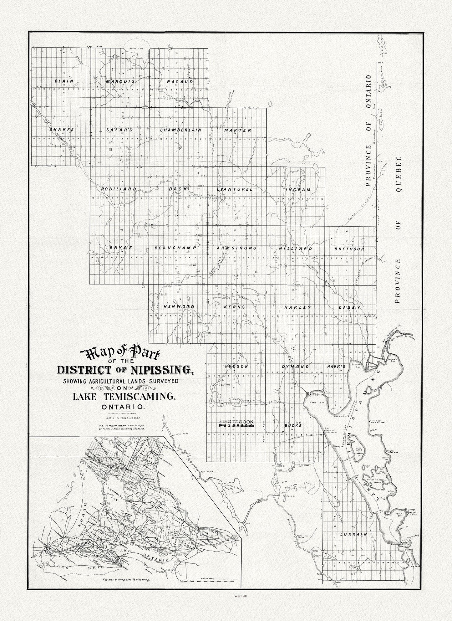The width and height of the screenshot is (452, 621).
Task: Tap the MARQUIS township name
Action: (x=120, y=81)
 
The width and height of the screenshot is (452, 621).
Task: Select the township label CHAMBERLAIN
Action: (x=180, y=130)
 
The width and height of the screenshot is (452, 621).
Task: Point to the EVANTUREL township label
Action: (x=235, y=189)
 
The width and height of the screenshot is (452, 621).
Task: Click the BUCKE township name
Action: (x=293, y=426)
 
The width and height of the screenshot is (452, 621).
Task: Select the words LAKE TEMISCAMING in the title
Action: (x=124, y=397)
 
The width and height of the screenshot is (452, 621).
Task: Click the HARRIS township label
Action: (x=336, y=366)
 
